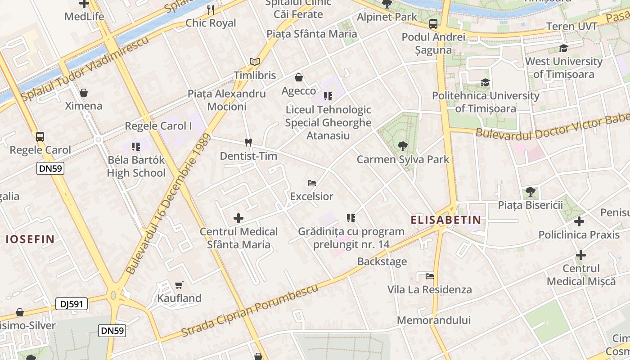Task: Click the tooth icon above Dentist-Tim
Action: click(x=247, y=142)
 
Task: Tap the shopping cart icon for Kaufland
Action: click(x=179, y=285)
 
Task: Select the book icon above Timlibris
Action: click(x=255, y=62)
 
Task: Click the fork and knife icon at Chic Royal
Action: click(x=211, y=9)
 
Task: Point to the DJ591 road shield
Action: click(x=72, y=304)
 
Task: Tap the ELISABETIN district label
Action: click(x=445, y=220)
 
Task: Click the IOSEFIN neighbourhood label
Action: click(x=30, y=239)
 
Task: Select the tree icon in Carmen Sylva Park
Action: click(x=402, y=146)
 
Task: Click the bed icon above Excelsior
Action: click(x=311, y=183)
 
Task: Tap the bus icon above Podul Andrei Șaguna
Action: click(x=433, y=24)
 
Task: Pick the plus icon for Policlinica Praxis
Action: click(x=579, y=221)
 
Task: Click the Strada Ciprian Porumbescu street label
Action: click(x=250, y=310)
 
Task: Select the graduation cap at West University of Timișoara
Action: click(x=563, y=48)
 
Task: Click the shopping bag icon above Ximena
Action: click(x=83, y=93)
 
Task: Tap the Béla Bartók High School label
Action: click(x=136, y=166)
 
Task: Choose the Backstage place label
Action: click(x=382, y=261)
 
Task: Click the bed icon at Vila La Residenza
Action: click(x=429, y=276)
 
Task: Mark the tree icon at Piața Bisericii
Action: click(x=531, y=192)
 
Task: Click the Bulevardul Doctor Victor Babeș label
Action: click(x=553, y=126)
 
